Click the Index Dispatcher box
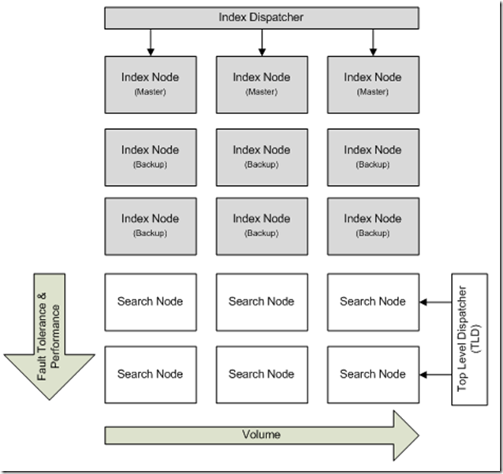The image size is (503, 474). click(x=261, y=17)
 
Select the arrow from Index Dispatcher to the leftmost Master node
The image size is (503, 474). click(x=151, y=42)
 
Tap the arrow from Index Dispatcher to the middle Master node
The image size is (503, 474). click(x=262, y=42)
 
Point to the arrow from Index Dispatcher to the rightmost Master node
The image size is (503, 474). click(x=373, y=42)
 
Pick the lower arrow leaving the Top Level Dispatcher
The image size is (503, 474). click(x=434, y=375)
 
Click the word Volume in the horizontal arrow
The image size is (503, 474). click(x=261, y=434)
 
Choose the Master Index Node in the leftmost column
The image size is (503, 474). click(x=151, y=81)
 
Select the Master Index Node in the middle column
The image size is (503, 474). click(x=262, y=81)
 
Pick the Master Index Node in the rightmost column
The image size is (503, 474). click(x=373, y=81)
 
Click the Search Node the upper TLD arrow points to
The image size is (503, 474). click(x=373, y=302)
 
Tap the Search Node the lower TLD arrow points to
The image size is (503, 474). click(x=373, y=375)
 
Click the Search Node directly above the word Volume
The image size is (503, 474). click(x=262, y=375)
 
